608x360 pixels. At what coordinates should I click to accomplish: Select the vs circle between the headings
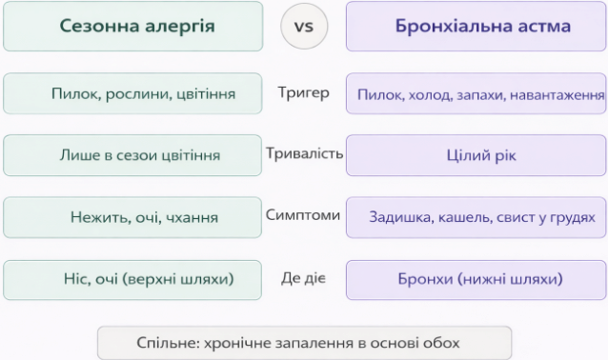[303, 26]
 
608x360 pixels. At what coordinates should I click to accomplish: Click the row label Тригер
[303, 93]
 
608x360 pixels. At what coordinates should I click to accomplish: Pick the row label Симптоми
[303, 215]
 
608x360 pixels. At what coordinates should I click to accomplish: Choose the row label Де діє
[303, 278]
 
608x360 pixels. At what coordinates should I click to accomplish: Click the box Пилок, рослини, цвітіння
[132, 94]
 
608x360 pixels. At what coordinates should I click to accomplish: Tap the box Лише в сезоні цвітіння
[132, 154]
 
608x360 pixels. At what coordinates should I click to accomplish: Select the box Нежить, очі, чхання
[132, 217]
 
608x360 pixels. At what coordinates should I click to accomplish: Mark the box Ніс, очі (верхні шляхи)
[132, 279]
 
